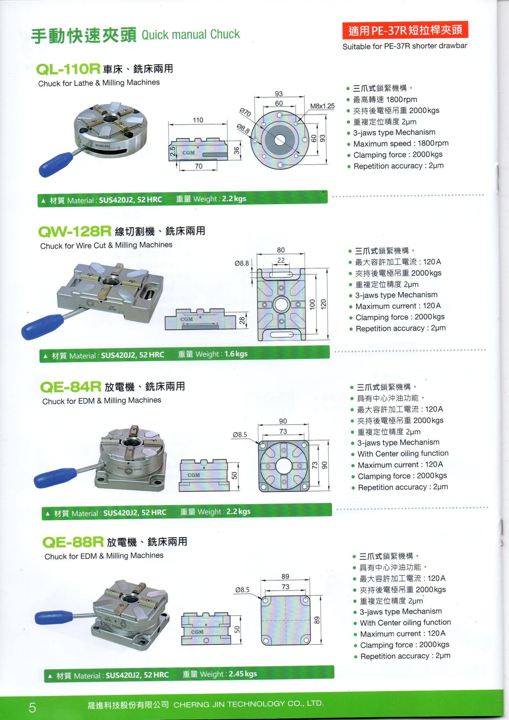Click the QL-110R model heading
[x=68, y=69]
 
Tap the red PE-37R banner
[x=405, y=30]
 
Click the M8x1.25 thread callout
[x=322, y=106]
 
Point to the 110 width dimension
[x=198, y=120]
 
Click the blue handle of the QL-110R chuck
[x=56, y=164]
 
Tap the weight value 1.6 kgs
[x=236, y=354]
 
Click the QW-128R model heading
[x=74, y=231]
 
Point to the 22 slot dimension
[x=281, y=260]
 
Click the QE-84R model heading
[x=70, y=387]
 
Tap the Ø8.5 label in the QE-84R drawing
[x=240, y=435]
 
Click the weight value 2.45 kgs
[x=243, y=674]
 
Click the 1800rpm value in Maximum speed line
[x=433, y=143]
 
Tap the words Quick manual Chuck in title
[x=190, y=34]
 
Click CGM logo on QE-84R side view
[x=194, y=475]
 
